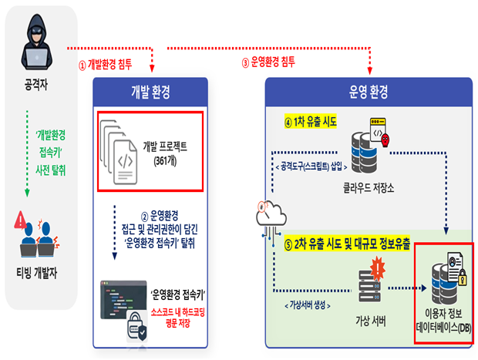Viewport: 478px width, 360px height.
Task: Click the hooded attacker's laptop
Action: tap(36, 58)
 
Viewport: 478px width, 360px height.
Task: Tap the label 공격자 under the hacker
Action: tap(36, 84)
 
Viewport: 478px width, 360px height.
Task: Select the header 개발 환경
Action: tap(150, 92)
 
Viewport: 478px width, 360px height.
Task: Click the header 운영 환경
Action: tap(369, 92)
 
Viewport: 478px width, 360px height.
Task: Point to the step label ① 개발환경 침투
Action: tap(105, 64)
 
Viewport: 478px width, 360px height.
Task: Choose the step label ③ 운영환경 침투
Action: tap(268, 62)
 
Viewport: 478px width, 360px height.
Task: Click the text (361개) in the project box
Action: tap(165, 160)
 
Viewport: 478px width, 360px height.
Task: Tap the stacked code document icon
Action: tap(119, 152)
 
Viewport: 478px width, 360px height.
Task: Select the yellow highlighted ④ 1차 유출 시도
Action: tap(311, 122)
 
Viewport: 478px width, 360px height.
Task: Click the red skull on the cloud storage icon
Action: tap(385, 140)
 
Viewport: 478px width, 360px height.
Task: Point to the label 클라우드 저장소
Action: tap(369, 187)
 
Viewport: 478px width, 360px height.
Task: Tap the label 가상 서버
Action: tap(370, 321)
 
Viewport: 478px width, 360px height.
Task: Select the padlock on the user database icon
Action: tap(463, 277)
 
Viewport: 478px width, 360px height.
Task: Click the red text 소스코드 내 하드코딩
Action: tap(178, 312)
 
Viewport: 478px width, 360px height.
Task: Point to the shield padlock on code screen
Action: tap(137, 327)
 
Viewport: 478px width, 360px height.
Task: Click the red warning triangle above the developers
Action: tap(20, 220)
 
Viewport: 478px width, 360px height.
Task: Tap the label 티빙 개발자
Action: tap(37, 273)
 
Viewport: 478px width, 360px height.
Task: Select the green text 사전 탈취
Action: tap(51, 170)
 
